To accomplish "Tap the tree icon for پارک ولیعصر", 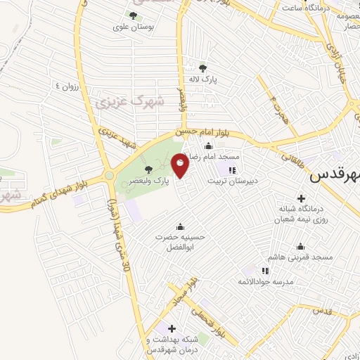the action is pos(148,169).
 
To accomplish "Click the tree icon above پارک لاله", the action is pos(202,68).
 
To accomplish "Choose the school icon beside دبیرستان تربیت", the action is pos(233,169).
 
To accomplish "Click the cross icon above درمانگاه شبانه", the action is pos(302,198).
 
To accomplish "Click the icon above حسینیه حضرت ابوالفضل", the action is pos(181,226).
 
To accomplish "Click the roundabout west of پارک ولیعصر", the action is pos(110,175).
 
